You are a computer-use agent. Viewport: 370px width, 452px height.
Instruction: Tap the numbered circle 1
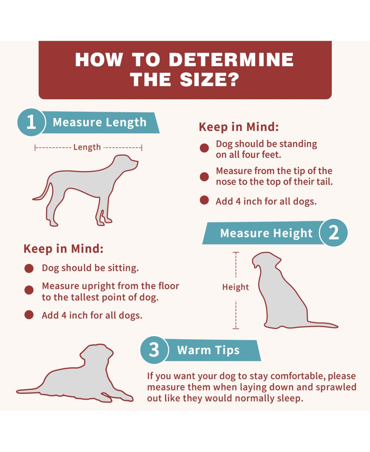coord(31,122)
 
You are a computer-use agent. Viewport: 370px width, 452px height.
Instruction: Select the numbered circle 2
coord(334,232)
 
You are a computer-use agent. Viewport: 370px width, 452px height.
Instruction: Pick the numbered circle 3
coord(154,350)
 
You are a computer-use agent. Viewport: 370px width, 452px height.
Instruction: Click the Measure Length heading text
coord(100,122)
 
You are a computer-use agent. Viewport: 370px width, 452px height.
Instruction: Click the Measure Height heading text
coord(266,233)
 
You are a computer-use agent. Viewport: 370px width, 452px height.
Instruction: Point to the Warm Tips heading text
coord(208,350)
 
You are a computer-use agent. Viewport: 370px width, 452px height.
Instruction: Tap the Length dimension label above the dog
coord(87,147)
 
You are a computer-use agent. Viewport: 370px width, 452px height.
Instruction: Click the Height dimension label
coord(236,287)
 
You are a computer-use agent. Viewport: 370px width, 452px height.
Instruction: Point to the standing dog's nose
coord(137,162)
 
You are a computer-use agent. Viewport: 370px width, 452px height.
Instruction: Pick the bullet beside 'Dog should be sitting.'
coord(29,268)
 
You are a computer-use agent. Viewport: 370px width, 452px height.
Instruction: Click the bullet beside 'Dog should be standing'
coord(204,148)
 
